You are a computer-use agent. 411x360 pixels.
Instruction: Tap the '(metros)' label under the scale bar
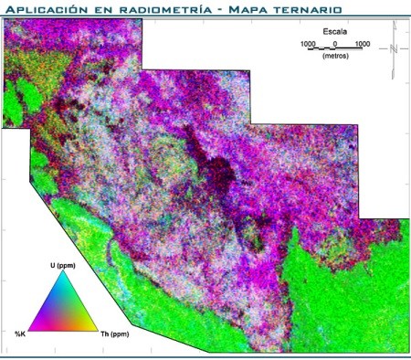334,58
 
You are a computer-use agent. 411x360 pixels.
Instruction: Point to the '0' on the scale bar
335,43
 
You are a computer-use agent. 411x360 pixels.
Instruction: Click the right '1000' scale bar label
362,43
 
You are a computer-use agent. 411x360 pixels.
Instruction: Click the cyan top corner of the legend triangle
63,276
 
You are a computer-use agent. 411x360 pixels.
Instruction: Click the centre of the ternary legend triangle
64,311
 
